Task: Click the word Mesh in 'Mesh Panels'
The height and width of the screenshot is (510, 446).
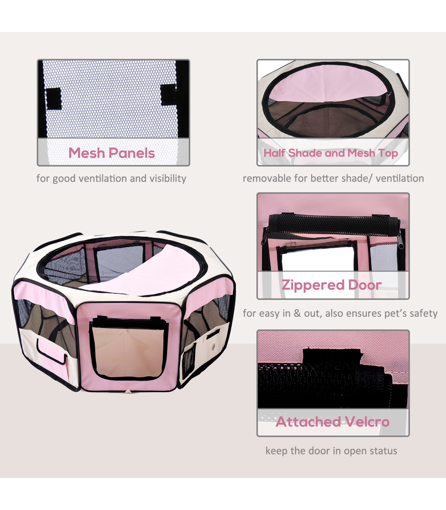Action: click(x=87, y=153)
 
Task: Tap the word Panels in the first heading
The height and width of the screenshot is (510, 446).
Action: click(x=132, y=153)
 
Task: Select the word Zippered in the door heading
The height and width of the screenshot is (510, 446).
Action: click(x=313, y=285)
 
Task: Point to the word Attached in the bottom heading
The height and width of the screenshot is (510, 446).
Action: click(x=308, y=422)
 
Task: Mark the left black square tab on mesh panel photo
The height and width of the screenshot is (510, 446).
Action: click(x=54, y=98)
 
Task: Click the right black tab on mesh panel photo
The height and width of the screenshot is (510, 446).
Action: click(x=169, y=95)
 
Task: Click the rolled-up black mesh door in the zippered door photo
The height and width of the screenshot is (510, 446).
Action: click(x=333, y=225)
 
